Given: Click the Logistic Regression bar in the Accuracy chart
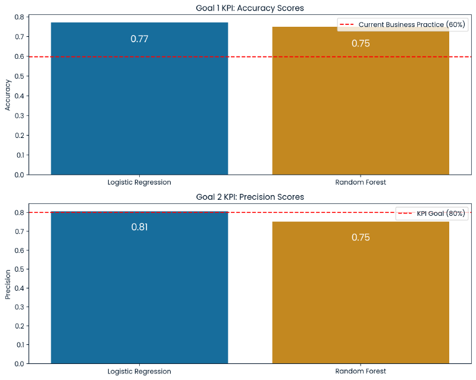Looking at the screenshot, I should (139, 107).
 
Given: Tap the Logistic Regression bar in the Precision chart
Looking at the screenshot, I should (139, 291).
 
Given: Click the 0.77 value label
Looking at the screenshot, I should (139, 39).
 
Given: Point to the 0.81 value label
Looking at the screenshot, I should (139, 227).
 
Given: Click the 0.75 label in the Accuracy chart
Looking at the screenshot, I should (361, 43).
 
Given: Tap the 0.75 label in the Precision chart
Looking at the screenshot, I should (361, 237).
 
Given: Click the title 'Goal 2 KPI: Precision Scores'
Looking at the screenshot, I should (250, 197).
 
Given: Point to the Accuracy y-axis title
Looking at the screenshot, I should (8, 95).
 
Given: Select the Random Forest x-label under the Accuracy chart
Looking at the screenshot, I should (361, 182).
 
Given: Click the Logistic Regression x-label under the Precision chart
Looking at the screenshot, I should (139, 371).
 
